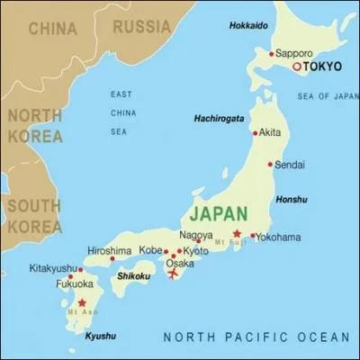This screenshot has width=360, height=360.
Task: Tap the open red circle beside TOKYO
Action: coord(297,67)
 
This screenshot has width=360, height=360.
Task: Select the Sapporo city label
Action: coord(294,53)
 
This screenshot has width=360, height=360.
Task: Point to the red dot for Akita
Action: coord(254,132)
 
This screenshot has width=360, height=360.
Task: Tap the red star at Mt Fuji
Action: coord(237,233)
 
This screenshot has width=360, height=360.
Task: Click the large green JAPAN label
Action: coord(219,215)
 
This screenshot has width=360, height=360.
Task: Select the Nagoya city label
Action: coord(196,234)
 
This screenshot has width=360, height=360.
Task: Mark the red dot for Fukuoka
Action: coord(57,278)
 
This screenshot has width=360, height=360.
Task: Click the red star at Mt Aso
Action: coord(83,302)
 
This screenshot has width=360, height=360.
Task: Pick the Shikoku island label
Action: coord(131,277)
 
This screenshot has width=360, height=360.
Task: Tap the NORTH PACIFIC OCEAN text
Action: coord(256,337)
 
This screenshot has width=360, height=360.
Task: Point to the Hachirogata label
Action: coord(220,118)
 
